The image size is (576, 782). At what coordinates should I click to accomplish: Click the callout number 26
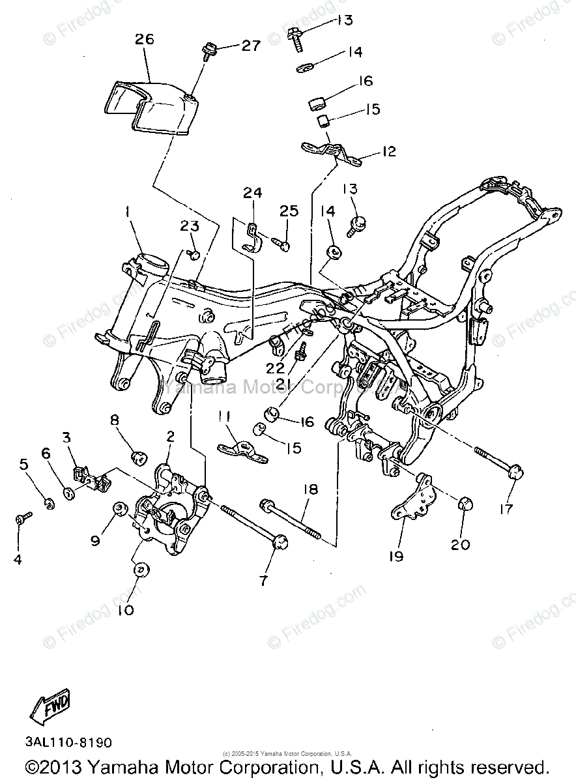click(x=144, y=39)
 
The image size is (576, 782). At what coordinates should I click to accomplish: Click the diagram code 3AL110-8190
click(x=69, y=742)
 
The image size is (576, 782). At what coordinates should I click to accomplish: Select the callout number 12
click(x=389, y=152)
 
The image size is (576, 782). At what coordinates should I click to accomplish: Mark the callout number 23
click(x=189, y=225)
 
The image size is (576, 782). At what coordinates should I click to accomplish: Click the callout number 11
click(x=225, y=416)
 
